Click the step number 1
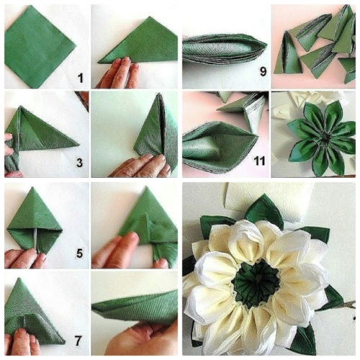[x=81, y=78]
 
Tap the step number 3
[x=79, y=163]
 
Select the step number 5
[x=79, y=253]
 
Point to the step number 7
[x=78, y=341]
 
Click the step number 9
[x=263, y=71]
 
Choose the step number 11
[x=259, y=161]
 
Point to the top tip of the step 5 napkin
[x=34, y=187]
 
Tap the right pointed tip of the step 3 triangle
[x=78, y=145]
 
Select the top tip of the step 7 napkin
[x=19, y=279]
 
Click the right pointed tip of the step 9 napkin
[x=266, y=45]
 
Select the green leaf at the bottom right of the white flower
[x=305, y=338]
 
